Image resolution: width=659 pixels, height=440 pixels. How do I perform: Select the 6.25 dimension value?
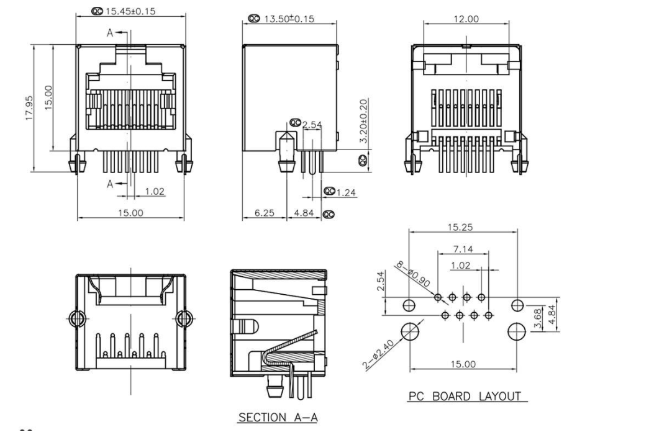(x=263, y=213)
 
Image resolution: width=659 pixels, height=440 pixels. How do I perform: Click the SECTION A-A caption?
(x=278, y=418)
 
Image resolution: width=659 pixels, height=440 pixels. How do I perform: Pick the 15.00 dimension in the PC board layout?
(x=463, y=364)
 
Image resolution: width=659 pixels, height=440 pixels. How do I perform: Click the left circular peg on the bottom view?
(x=75, y=318)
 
